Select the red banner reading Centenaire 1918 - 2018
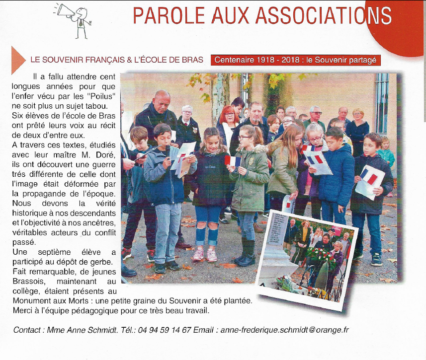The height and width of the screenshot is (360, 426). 296,60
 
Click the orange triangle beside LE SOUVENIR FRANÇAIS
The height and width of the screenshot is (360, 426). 18,59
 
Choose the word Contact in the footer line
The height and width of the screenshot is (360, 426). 28,330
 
